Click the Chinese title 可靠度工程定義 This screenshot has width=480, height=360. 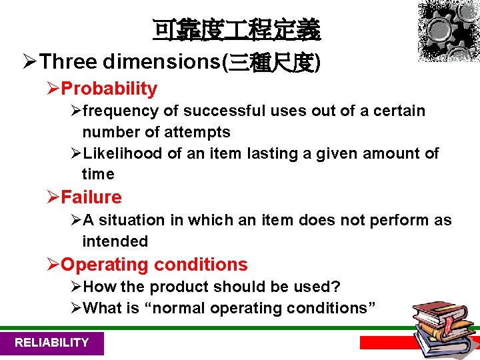(236, 29)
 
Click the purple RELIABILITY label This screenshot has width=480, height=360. (51, 343)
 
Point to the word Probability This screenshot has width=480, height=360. (109, 89)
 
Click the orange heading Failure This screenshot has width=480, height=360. (91, 197)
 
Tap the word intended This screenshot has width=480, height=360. (115, 241)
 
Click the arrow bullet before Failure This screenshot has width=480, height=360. (53, 197)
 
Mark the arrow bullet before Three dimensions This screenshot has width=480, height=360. (30, 62)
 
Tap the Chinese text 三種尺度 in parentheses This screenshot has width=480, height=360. (273, 62)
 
